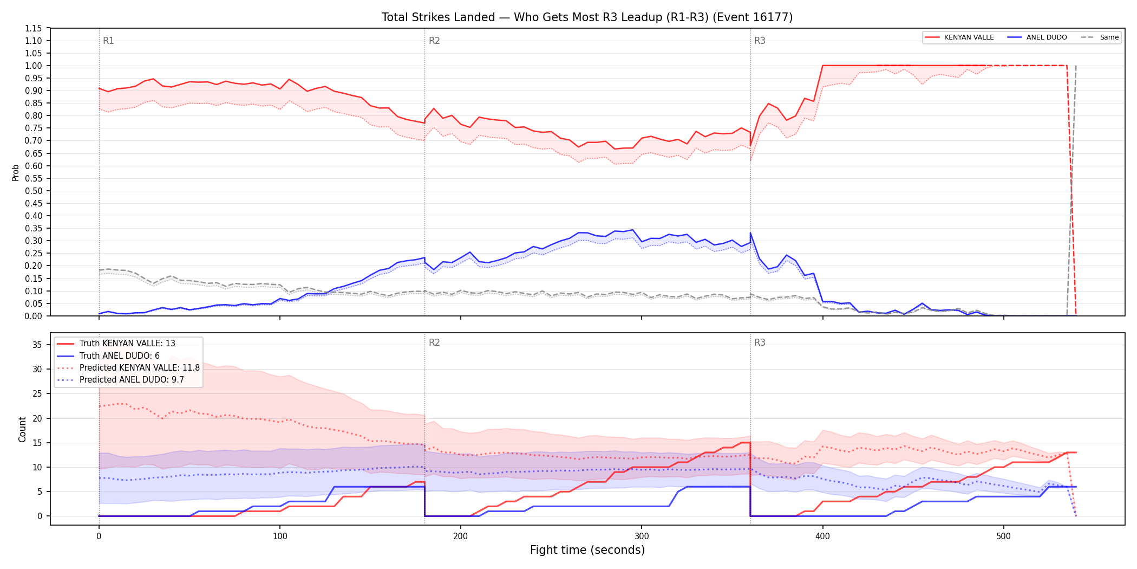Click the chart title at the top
(x=587, y=17)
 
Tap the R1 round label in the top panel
(x=108, y=41)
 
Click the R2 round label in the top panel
(x=434, y=41)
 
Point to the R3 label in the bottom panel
(x=760, y=342)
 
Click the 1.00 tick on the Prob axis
(x=34, y=66)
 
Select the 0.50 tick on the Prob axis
(x=34, y=191)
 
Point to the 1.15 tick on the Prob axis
(x=34, y=28)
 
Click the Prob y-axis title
(x=16, y=172)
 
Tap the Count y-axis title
(x=22, y=429)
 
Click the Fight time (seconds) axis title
(x=587, y=550)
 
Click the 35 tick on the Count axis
(x=37, y=345)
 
